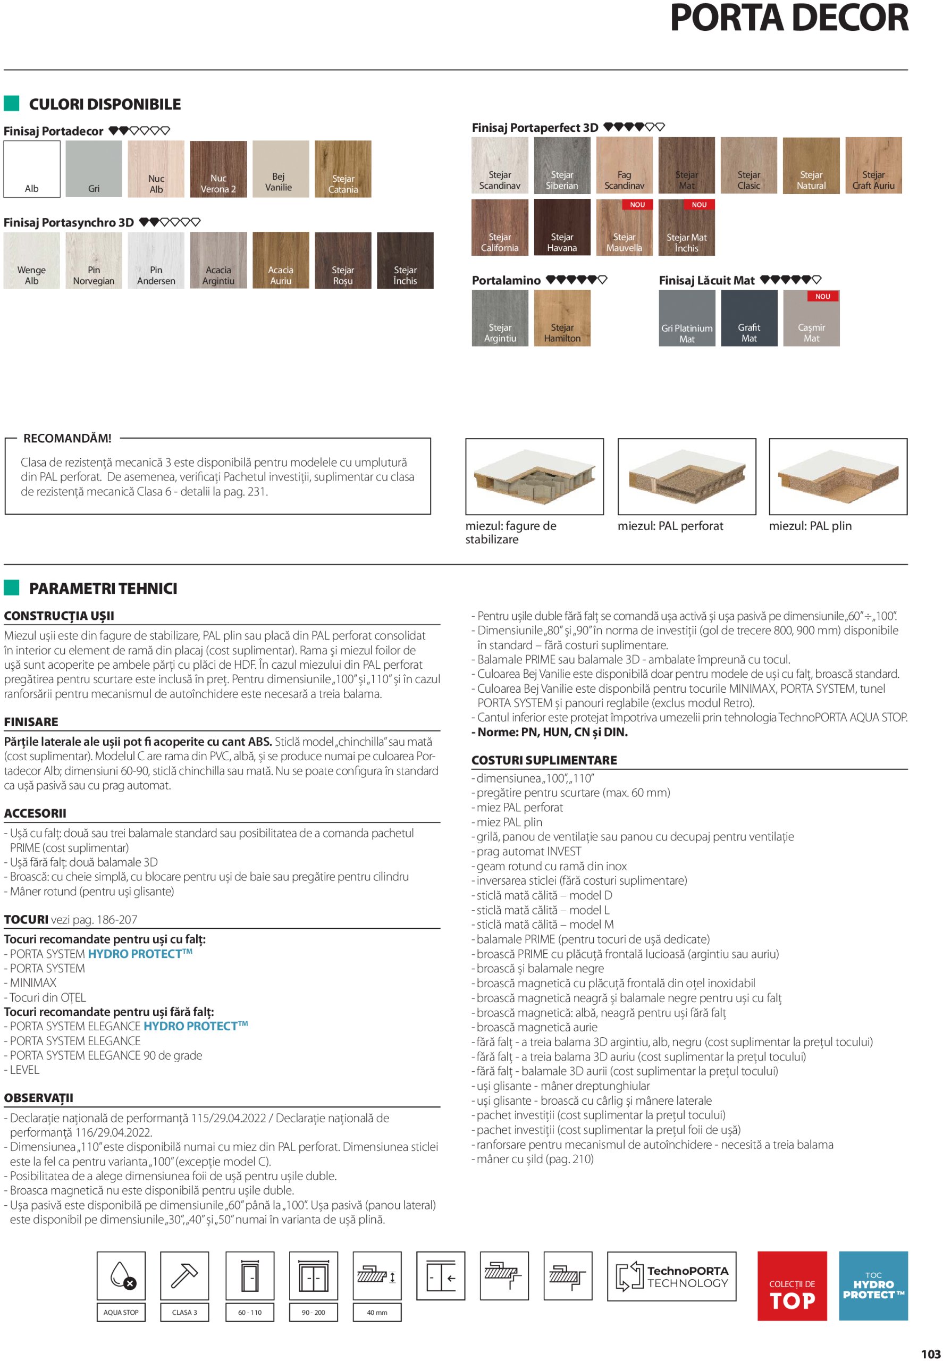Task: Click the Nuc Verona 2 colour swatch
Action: point(218,169)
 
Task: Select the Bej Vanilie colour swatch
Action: point(281,169)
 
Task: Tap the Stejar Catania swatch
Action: point(343,169)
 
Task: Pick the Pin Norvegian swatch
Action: point(94,260)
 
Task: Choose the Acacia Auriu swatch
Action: point(281,260)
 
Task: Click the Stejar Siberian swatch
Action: point(562,165)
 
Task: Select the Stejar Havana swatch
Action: point(562,227)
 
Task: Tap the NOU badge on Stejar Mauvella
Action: point(637,205)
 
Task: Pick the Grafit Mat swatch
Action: point(748,318)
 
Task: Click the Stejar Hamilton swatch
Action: point(562,318)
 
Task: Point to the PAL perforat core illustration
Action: point(687,476)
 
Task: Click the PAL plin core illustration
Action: point(838,476)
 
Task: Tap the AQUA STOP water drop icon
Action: point(121,1276)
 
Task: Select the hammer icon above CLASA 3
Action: point(184,1276)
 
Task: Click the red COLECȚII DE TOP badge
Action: point(792,1286)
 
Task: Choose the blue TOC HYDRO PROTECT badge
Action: point(873,1286)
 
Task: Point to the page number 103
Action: point(930,1354)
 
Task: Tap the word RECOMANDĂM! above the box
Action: point(68,439)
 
